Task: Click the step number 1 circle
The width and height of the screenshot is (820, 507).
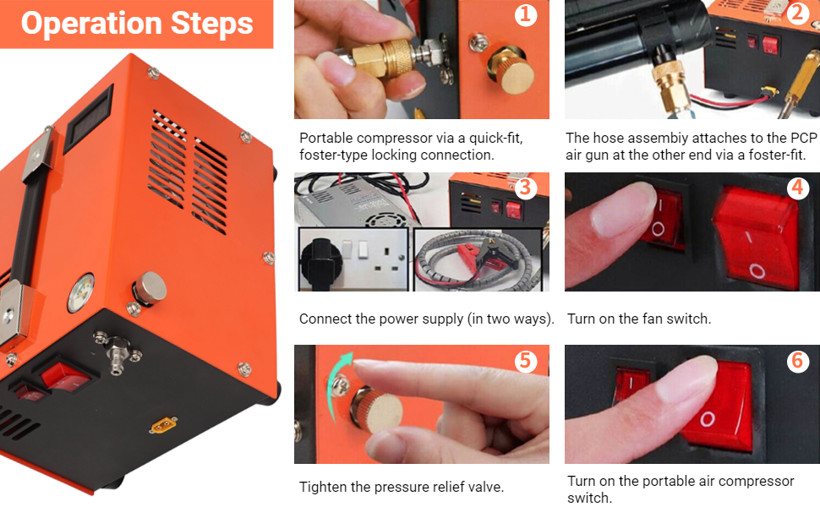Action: pyautogui.click(x=526, y=14)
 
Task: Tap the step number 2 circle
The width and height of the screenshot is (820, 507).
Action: pyautogui.click(x=797, y=13)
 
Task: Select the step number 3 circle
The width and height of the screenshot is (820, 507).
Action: pyautogui.click(x=526, y=188)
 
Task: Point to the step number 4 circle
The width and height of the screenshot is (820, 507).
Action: pyautogui.click(x=797, y=188)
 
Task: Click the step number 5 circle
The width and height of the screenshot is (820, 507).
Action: pyautogui.click(x=526, y=361)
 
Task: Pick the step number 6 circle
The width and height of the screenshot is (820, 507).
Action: pyautogui.click(x=797, y=360)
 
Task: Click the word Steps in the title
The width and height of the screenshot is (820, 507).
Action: pyautogui.click(x=212, y=24)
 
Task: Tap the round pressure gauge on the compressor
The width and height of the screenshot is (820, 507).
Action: pyautogui.click(x=80, y=292)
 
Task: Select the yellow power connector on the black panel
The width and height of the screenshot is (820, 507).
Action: pyautogui.click(x=163, y=425)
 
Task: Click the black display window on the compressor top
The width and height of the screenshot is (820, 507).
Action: pyautogui.click(x=88, y=118)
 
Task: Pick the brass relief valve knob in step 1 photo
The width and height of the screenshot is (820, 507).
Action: pyautogui.click(x=511, y=71)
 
